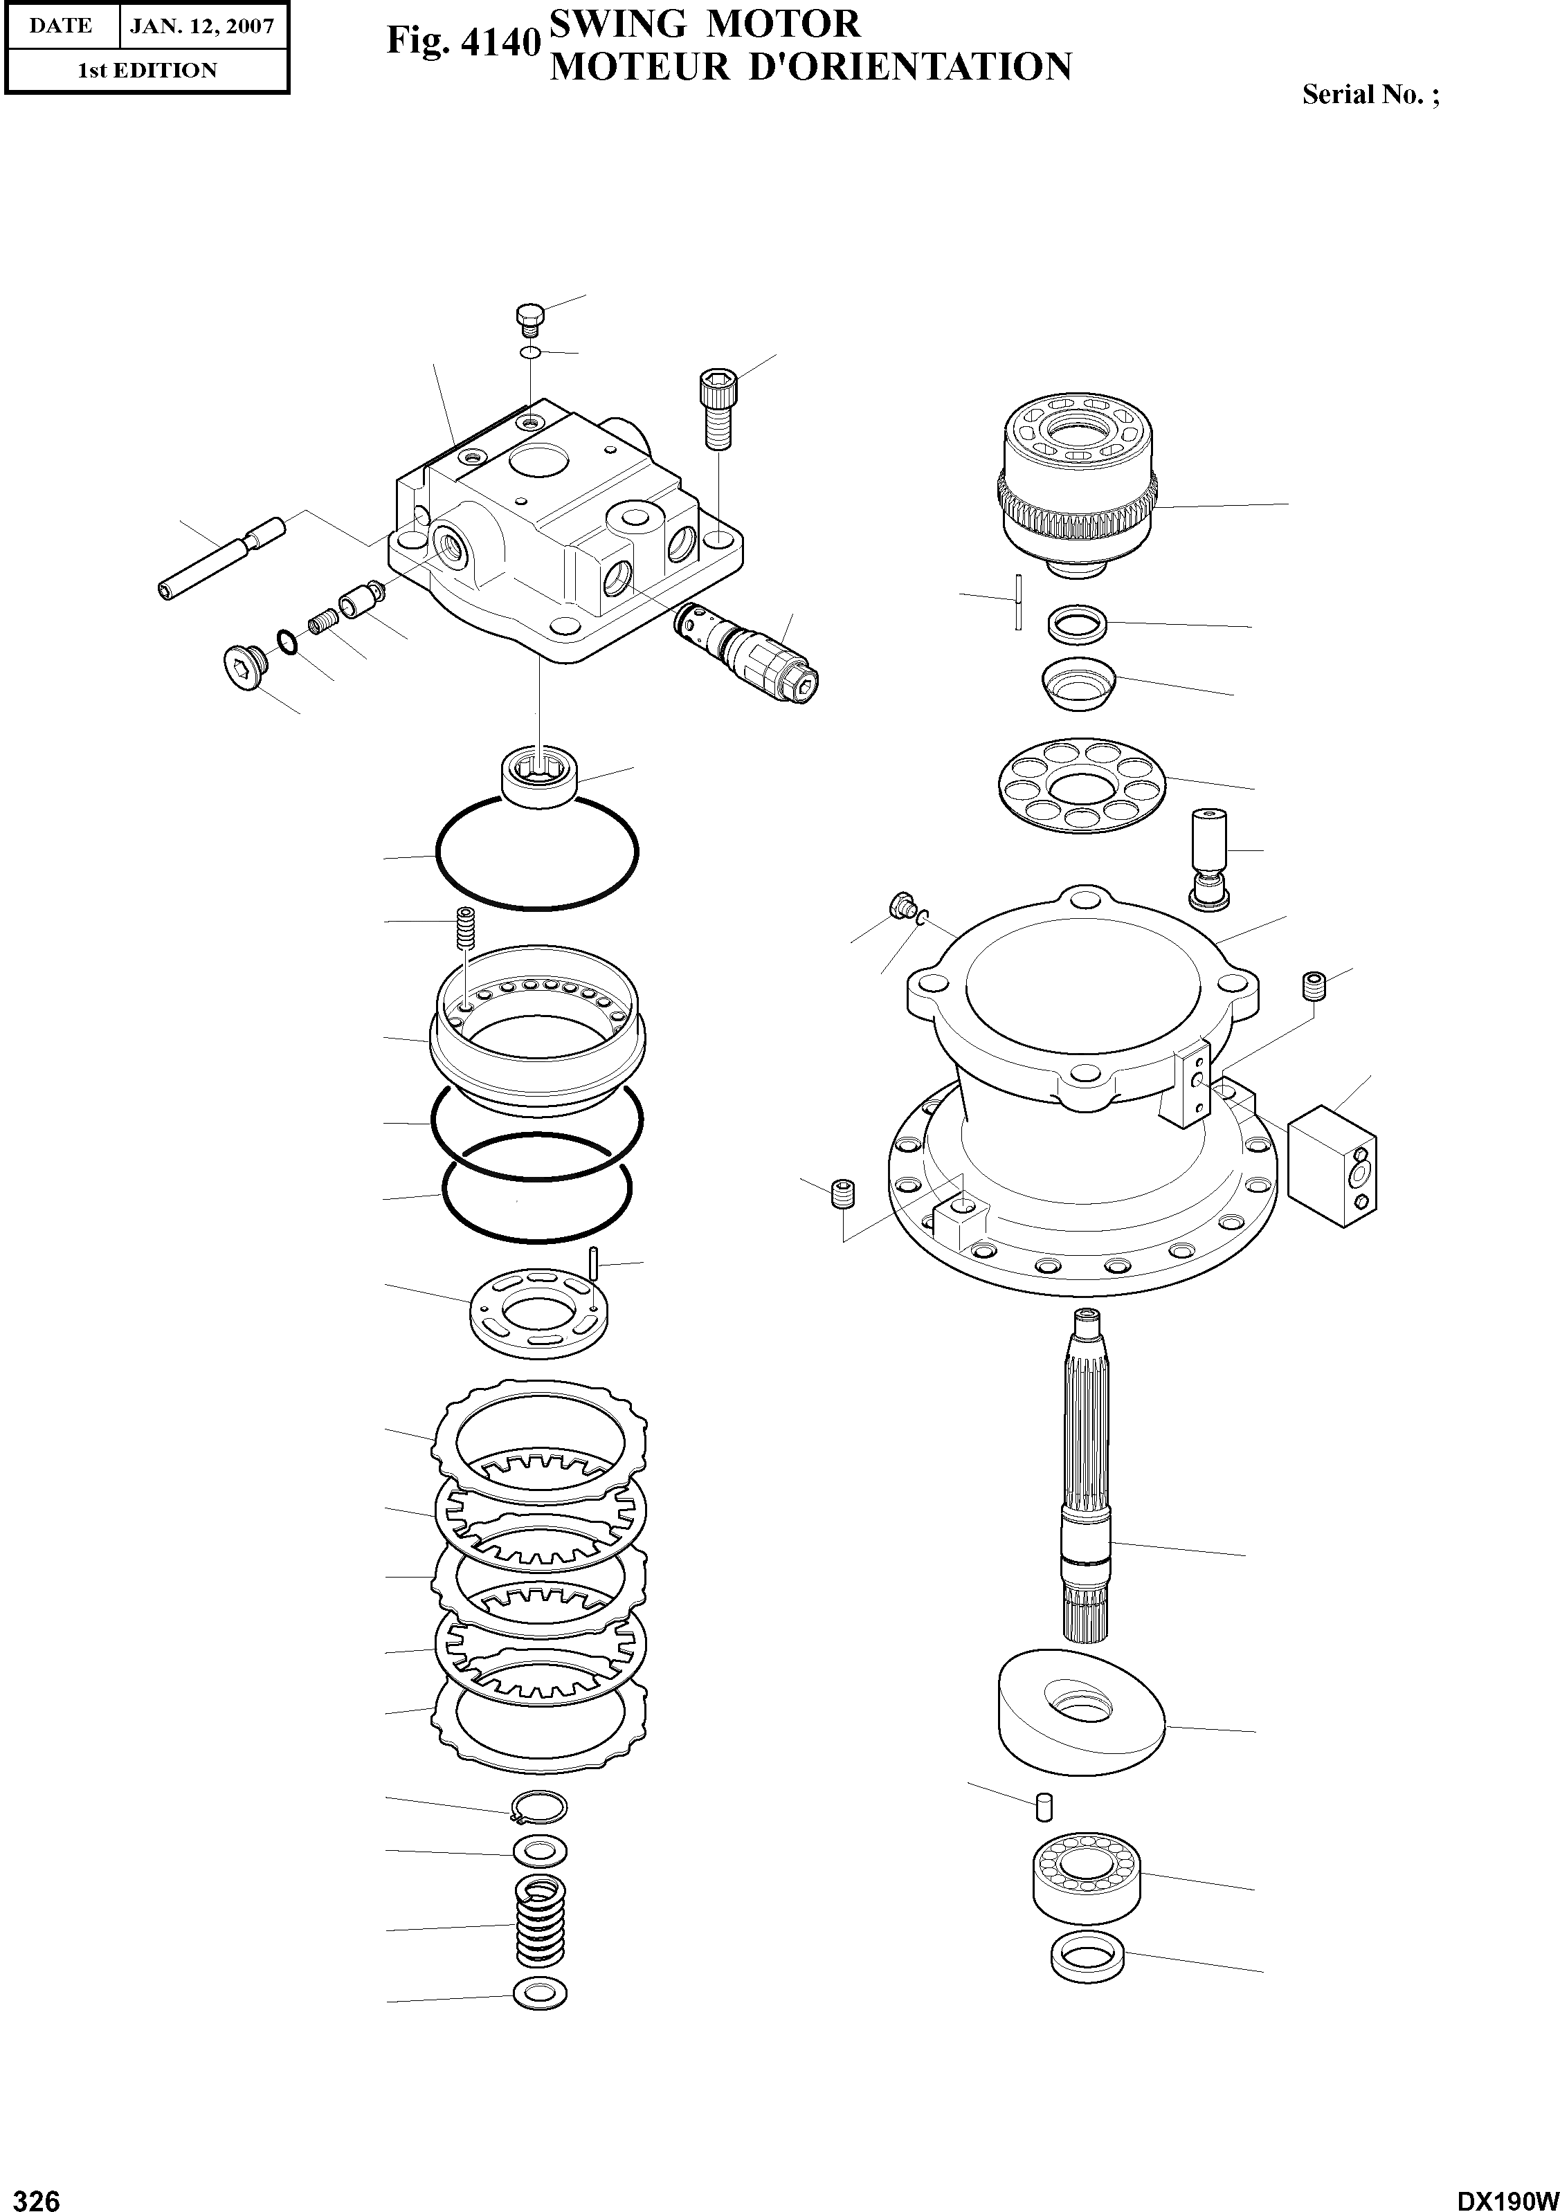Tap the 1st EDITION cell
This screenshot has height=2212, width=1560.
point(147,71)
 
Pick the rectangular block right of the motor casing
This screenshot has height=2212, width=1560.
point(1332,1164)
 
